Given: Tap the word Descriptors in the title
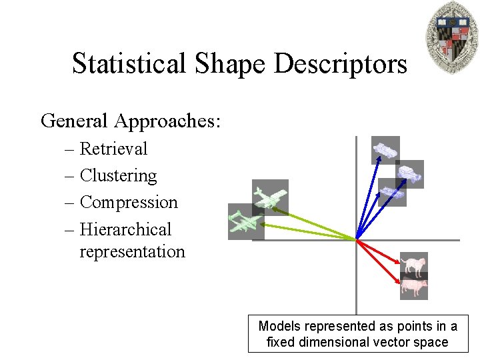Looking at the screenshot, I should [x=339, y=64].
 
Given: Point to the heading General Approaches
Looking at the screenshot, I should [x=131, y=121].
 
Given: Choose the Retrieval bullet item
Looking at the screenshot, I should [x=113, y=149].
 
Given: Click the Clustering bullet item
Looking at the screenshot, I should [x=118, y=175].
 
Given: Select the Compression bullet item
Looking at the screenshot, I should [x=129, y=202].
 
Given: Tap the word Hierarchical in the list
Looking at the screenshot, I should [x=125, y=229].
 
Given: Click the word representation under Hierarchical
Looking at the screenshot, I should [x=132, y=251].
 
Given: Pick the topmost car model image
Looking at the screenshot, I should [x=385, y=150].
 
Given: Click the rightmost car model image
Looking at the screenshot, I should [x=409, y=174].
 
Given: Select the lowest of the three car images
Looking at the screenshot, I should [x=392, y=192].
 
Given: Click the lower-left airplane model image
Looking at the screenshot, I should [x=245, y=221].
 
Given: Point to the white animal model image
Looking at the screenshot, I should [x=414, y=265].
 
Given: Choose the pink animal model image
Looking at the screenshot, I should [x=414, y=287].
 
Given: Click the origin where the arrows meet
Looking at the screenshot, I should [x=357, y=239].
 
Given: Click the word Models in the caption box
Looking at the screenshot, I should [x=279, y=326].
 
